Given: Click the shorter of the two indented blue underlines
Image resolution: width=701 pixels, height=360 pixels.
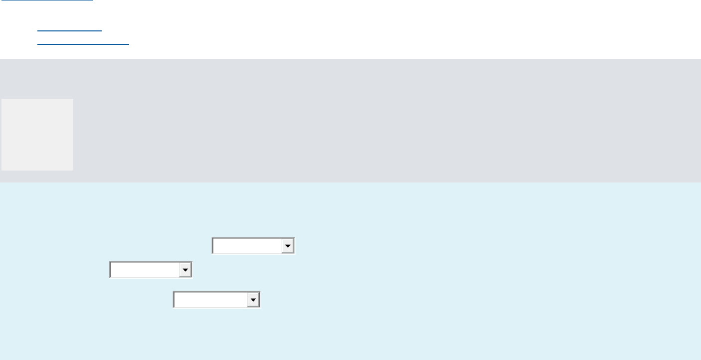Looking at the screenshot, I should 69,30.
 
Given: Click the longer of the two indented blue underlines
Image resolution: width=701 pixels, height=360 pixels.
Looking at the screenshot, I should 83,44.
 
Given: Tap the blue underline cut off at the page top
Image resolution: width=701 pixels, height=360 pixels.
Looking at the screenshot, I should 47,0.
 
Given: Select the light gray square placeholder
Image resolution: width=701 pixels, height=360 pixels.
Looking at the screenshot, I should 37,135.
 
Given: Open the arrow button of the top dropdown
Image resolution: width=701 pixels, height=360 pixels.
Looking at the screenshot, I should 288,246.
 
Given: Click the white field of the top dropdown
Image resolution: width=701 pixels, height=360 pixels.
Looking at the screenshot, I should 247,246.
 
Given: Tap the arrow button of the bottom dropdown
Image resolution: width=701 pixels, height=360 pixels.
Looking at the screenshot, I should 253,300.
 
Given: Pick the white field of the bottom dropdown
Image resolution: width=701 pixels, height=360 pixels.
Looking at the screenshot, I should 210,300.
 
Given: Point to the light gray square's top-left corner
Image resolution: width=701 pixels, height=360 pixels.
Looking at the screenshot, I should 1,99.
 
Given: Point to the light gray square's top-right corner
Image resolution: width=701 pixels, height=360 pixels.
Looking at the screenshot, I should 73,99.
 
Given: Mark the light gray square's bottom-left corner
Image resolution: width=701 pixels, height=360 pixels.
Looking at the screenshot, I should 1,171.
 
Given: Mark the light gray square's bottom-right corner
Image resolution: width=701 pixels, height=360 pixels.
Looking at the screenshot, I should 73,171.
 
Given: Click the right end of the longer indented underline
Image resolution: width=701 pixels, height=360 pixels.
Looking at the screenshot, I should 129,44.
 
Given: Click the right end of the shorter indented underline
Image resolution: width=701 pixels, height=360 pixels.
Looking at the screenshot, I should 101,30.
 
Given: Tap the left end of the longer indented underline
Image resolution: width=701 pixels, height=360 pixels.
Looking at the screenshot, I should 38,44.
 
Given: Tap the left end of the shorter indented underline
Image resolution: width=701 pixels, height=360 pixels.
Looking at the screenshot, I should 38,30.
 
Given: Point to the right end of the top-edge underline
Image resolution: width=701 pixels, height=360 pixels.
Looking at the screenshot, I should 93,0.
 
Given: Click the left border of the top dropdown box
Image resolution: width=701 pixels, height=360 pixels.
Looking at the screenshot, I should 212,246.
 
